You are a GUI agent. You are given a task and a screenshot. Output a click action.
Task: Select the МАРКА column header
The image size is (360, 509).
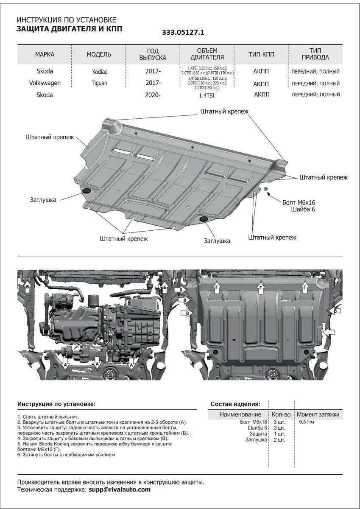(45, 54)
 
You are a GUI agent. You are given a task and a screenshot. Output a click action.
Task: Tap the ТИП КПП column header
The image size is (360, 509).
(261, 54)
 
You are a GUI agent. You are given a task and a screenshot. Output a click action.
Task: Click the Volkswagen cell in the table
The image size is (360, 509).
(45, 83)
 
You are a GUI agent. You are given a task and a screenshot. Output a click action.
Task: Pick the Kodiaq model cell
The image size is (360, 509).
(99, 72)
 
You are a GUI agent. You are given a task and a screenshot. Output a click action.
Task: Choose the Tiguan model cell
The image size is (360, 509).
(99, 84)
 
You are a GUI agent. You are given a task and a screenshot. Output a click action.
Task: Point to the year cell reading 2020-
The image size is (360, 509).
(153, 95)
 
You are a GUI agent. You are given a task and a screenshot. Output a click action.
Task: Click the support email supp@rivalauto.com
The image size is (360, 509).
(120, 489)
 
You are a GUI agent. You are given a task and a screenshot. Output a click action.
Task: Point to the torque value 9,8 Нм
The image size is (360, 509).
(306, 422)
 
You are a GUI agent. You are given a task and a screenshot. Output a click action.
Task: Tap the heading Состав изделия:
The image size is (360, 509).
(235, 404)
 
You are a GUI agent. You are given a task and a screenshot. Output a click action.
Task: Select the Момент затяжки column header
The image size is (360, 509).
(318, 414)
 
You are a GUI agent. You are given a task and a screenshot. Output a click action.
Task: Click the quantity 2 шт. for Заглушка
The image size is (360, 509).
(279, 440)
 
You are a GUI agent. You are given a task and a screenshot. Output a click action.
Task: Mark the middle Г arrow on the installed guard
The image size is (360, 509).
(260, 288)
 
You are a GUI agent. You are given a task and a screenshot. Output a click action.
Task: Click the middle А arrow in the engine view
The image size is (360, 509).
(97, 363)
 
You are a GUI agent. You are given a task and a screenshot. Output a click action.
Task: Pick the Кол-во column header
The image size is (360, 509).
(280, 414)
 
